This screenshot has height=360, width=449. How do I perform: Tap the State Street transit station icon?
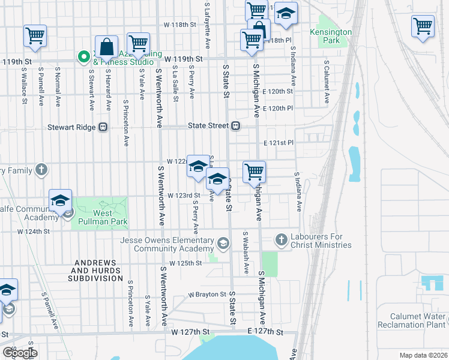237,126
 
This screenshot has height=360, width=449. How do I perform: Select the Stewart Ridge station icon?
103,127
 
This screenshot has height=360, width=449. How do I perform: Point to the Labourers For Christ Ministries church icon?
280,240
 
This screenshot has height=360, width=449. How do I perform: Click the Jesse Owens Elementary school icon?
223,242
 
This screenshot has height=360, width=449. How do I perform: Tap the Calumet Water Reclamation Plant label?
412,320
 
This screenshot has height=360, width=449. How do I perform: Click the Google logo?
19,353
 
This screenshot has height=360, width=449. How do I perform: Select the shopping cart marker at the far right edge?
423,27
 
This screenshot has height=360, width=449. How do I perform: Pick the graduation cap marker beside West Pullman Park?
60,201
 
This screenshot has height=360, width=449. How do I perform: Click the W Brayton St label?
206,295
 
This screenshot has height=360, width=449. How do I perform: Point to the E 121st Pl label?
278,143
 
